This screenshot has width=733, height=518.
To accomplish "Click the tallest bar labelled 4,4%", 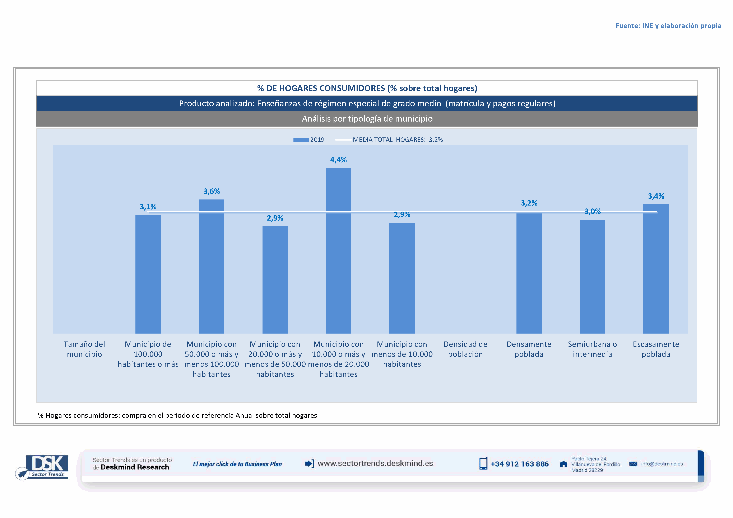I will point(338,250).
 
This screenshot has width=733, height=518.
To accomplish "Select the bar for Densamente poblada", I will point(529,273).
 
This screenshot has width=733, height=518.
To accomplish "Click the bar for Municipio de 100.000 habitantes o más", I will point(148,274).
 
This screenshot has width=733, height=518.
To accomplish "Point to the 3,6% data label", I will point(212,191).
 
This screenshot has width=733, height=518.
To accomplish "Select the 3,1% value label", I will point(148,207).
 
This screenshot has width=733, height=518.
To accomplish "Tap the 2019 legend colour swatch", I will point(301,140).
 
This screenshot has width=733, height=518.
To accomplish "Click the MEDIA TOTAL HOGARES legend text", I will point(398,140).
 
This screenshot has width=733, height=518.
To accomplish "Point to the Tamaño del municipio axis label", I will point(84,349).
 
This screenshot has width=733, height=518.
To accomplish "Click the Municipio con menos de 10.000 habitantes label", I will point(402,354).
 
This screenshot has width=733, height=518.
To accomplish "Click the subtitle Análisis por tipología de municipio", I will point(367,119).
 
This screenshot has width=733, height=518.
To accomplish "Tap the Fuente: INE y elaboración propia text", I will point(668,25).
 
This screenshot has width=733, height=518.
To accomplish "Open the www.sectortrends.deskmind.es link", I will point(375,463).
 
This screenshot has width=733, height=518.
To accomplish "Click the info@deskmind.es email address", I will point(662,464).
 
